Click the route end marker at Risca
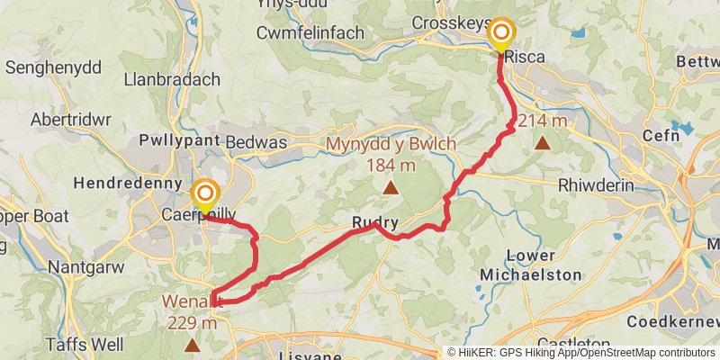coord(499,35)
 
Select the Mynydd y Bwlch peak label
coord(391,145)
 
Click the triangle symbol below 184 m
coord(391,187)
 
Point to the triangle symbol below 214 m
coord(543,142)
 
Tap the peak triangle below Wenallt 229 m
coord(192,345)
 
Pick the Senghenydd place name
coord(53,67)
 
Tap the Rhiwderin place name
coord(596,184)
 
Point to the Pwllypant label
coord(178,142)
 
